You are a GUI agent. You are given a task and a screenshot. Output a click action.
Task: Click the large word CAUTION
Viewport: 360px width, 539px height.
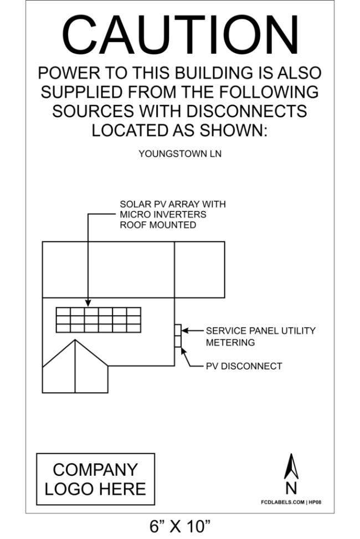[x=180, y=35]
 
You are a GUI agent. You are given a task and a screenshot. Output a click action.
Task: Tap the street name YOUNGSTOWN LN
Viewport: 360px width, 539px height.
[x=180, y=153]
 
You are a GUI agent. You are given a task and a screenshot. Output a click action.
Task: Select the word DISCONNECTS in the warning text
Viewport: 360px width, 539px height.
[x=246, y=111]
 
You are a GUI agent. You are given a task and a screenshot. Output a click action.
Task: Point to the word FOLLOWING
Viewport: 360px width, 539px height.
[x=269, y=92]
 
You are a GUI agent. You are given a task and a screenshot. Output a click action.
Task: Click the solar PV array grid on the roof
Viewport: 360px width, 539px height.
[x=99, y=320]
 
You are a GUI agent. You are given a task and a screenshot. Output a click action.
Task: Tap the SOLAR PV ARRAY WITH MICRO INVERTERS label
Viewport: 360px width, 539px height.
[x=173, y=214]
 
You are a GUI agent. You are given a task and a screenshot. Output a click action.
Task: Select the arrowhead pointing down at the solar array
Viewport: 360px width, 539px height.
[x=88, y=303]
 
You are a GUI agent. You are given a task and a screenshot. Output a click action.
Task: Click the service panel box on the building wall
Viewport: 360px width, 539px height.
[x=178, y=330]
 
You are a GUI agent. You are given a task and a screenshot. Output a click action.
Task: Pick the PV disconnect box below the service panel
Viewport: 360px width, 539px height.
[x=178, y=341]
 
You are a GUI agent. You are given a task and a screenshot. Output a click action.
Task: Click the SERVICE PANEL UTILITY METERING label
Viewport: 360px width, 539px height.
[x=261, y=336]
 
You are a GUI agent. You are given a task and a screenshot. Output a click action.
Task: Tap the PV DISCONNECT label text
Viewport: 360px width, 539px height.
[x=244, y=366]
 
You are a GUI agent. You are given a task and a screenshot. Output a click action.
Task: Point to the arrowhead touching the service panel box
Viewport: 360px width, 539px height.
[x=185, y=331]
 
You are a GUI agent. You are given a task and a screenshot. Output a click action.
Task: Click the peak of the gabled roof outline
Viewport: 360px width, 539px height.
[x=75, y=340]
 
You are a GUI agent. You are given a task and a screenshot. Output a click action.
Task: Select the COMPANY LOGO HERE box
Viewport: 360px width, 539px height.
[x=96, y=479]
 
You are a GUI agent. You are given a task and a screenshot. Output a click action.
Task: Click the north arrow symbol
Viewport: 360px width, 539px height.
[x=291, y=466]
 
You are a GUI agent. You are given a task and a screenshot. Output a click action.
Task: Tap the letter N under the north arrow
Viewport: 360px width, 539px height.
[x=291, y=488]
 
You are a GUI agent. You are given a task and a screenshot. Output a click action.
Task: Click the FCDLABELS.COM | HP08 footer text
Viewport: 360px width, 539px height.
[x=291, y=502]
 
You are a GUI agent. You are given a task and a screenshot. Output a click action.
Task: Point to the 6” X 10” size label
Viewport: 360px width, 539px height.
[x=180, y=526]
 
